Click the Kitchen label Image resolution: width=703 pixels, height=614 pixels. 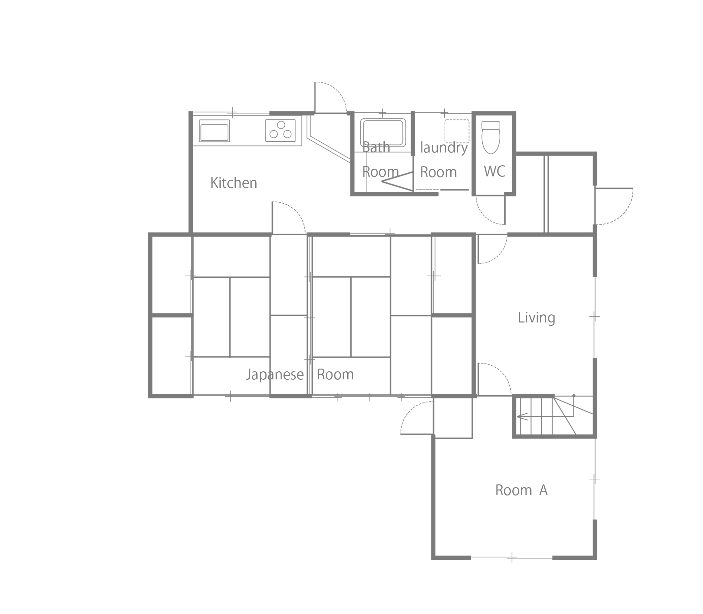pos(233,183)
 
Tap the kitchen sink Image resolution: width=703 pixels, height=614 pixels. pos(214,131)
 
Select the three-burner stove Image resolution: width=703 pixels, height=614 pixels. pos(281,131)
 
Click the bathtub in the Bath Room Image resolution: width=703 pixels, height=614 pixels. pos(383,133)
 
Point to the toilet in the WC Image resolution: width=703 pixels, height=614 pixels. pos(491,137)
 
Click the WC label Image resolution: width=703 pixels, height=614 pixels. pos(494,171)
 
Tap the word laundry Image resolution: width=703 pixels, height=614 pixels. pos(444,148)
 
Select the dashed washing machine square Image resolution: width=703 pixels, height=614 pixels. pos(457,131)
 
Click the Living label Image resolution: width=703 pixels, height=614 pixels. pos(536,318)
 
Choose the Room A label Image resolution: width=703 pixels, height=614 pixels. pos(521,490)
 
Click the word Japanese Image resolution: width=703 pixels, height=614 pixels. pos(275,375)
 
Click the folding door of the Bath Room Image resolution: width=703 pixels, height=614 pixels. pos(397,181)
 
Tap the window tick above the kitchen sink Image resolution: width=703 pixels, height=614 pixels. pos(232,113)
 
